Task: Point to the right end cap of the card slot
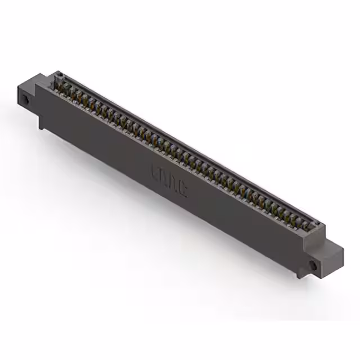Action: (318, 228)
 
